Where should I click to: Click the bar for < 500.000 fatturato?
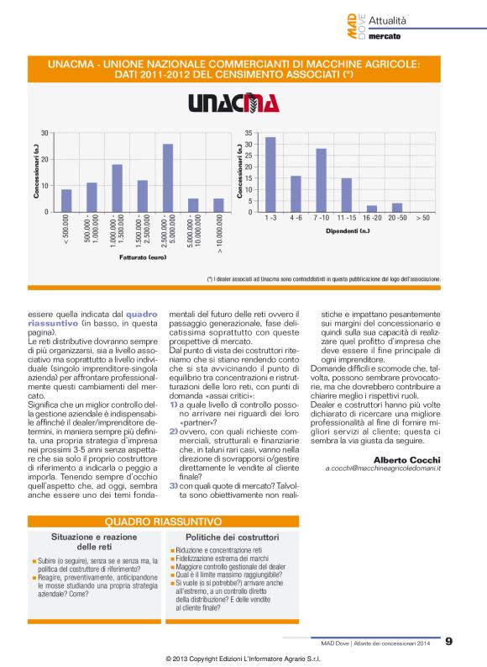pos(66,200)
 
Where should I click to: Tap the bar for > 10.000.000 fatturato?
pos(218,204)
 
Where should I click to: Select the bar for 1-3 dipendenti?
pos(270,174)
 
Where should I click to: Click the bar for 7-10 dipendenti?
pos(321,180)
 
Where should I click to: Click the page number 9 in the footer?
pos(449,641)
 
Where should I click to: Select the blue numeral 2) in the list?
pos(172,431)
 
